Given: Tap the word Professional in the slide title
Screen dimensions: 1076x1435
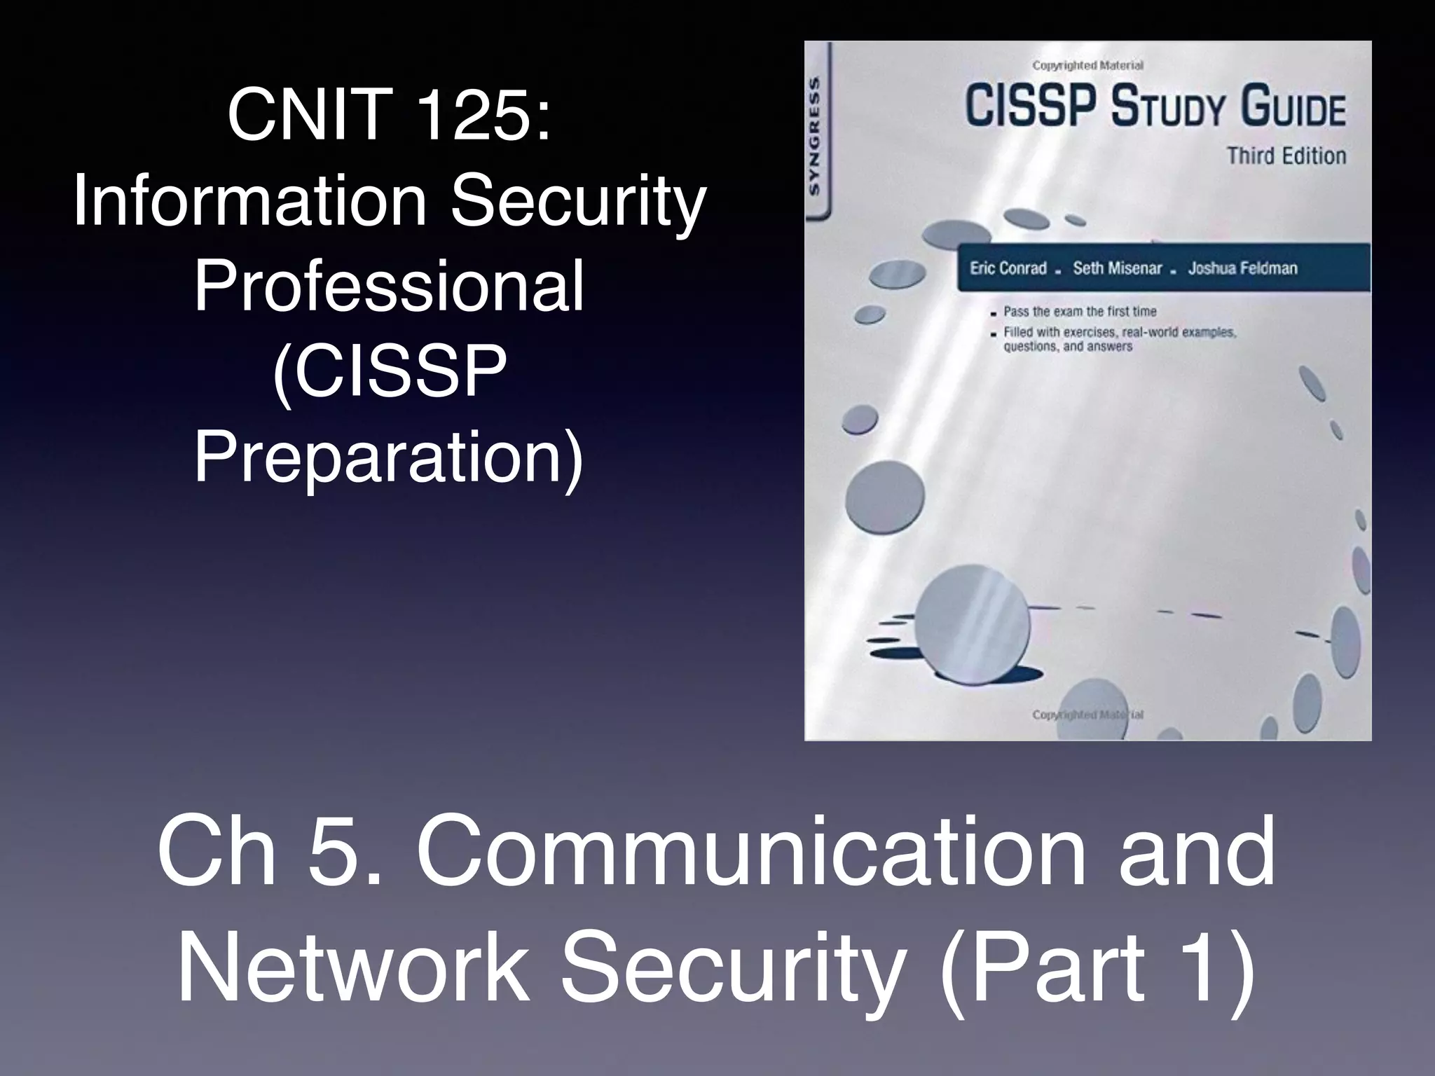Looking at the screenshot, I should pyautogui.click(x=389, y=287).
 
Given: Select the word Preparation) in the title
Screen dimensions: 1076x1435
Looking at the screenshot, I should pyautogui.click(x=389, y=459).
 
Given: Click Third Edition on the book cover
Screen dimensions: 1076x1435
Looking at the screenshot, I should pyautogui.click(x=1286, y=156).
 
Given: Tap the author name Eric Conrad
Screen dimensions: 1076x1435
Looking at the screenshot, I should pyautogui.click(x=1008, y=268).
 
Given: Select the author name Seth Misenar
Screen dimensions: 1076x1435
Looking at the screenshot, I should pyautogui.click(x=1117, y=268).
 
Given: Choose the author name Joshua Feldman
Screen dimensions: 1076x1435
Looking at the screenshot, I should pyautogui.click(x=1242, y=268).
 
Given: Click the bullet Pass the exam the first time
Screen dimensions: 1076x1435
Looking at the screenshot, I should pyautogui.click(x=1080, y=311).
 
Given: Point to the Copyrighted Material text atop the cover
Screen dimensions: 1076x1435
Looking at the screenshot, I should pyautogui.click(x=1087, y=66).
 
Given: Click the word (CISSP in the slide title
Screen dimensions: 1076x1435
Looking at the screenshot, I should pyautogui.click(x=389, y=373).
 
